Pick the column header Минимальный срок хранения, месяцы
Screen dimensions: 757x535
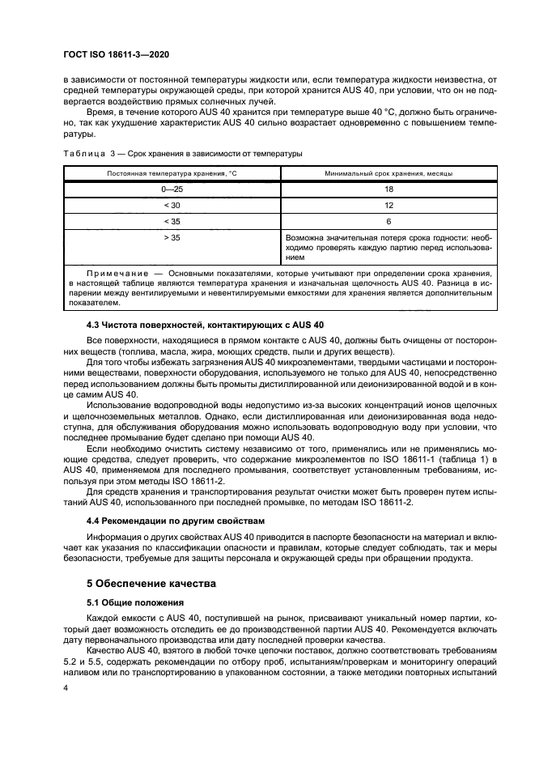tap(389, 173)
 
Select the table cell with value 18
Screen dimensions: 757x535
tap(389, 189)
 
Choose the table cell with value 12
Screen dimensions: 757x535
tap(389, 205)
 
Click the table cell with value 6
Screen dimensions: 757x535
tap(389, 221)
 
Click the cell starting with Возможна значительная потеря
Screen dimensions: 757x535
tap(389, 248)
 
